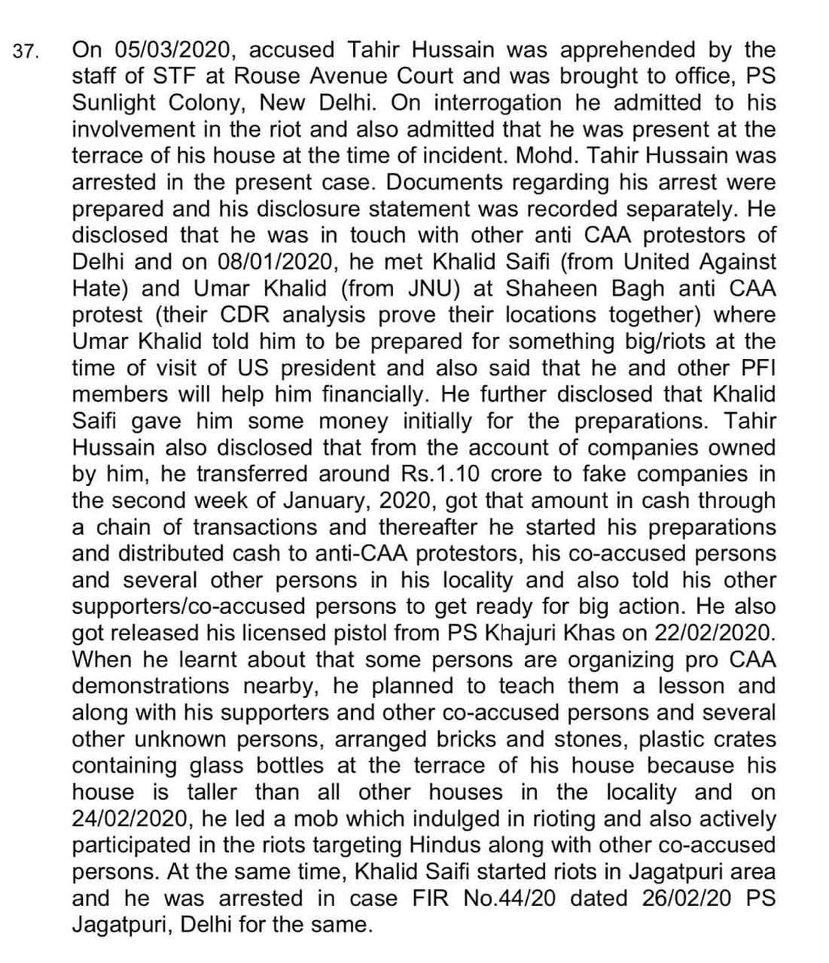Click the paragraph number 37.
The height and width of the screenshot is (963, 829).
click(x=26, y=53)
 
